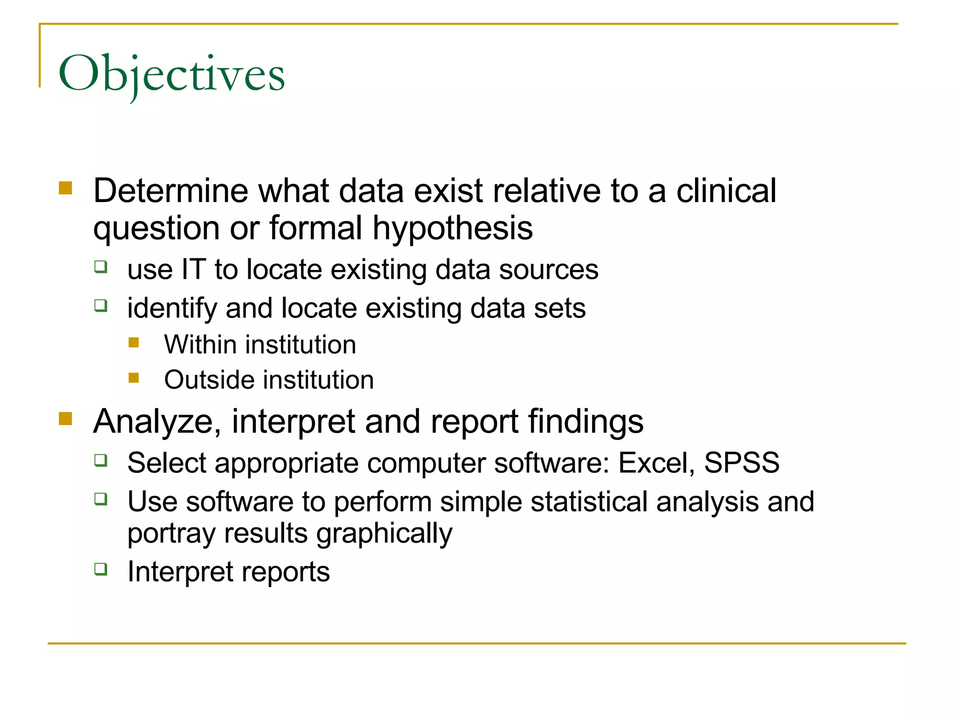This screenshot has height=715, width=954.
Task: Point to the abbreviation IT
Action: click(x=193, y=270)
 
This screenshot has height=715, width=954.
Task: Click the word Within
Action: click(x=200, y=345)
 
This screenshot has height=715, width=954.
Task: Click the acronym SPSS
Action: click(x=742, y=463)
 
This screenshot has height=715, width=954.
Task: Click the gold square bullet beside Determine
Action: click(x=65, y=188)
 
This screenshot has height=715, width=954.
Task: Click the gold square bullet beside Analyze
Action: click(x=65, y=418)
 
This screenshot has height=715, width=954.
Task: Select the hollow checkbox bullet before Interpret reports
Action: click(x=101, y=569)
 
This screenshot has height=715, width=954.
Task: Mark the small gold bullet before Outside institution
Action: click(x=134, y=378)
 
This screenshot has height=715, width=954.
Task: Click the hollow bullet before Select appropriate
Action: click(x=101, y=460)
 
